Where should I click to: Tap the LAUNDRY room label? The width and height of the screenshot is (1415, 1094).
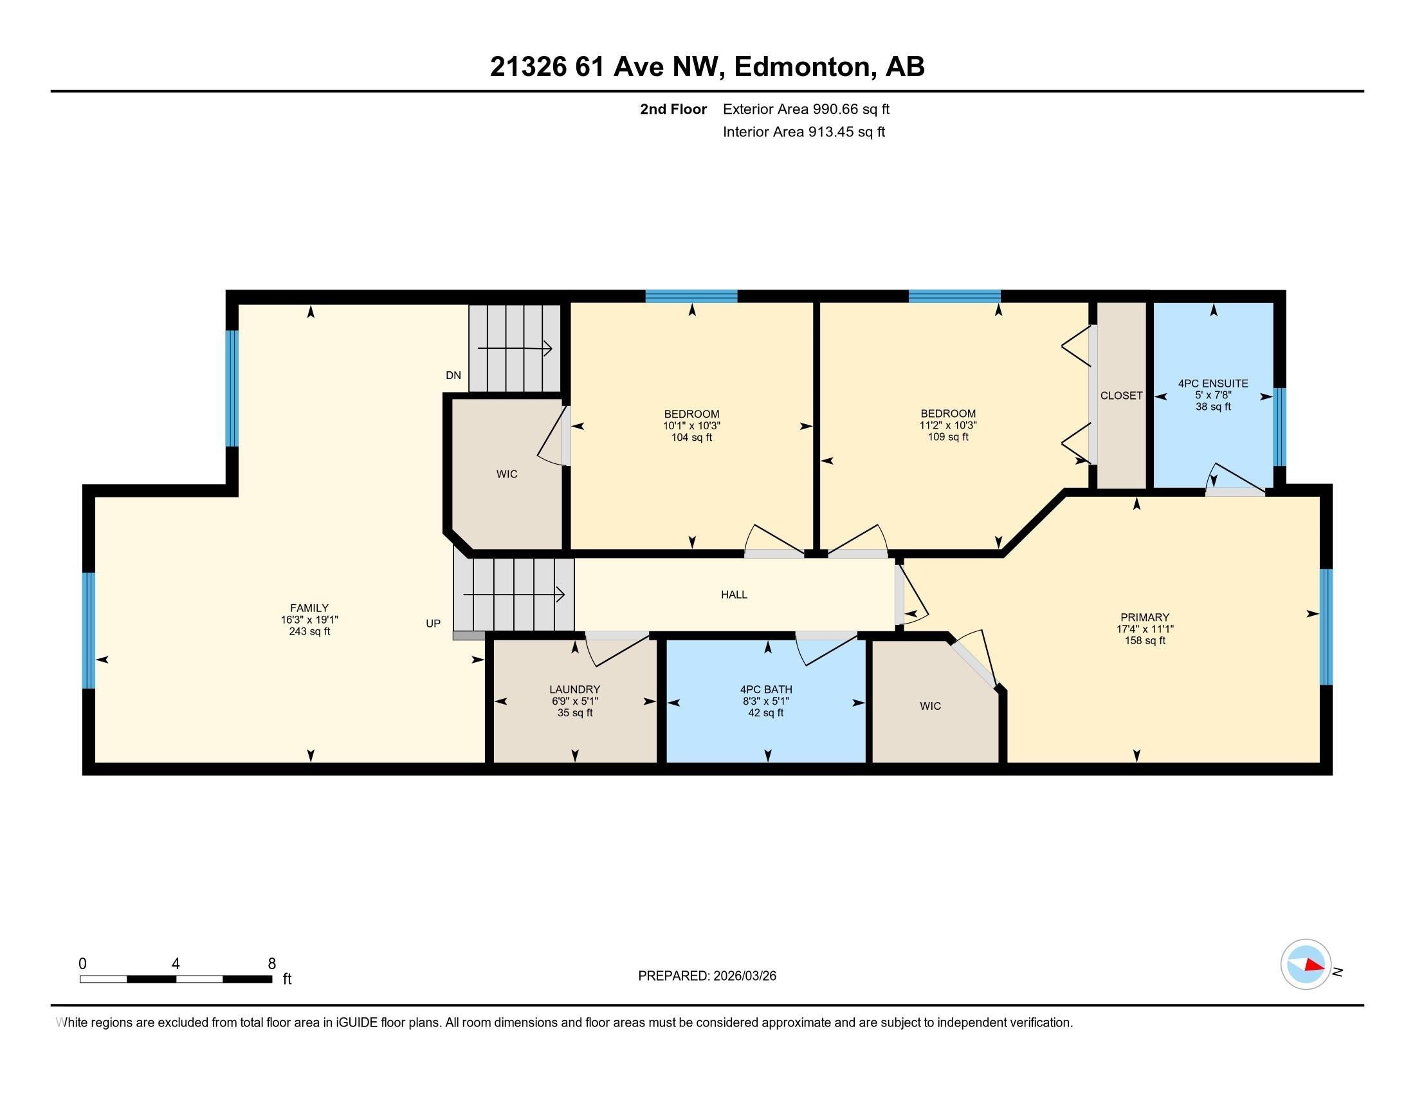point(574,690)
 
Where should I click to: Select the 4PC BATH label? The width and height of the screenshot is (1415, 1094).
point(766,690)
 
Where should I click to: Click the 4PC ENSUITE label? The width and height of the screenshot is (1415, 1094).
point(1213,383)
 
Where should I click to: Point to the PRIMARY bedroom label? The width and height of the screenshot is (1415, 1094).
point(1145,617)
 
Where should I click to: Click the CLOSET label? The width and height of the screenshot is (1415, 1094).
point(1121,395)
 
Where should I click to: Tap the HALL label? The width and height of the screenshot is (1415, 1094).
point(734,595)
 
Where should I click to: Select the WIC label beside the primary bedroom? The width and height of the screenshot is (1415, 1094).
point(930,706)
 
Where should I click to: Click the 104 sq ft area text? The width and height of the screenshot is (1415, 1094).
point(691,438)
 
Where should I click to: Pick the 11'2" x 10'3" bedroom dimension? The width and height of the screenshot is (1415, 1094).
point(948,425)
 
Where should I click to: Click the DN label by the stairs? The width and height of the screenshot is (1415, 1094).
point(453,375)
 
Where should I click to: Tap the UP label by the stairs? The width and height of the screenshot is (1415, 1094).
point(433,624)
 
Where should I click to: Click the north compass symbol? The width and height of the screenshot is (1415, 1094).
point(1306,965)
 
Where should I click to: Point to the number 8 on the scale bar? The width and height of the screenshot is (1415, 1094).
point(271,963)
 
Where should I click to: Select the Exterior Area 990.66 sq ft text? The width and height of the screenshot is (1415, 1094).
point(806,109)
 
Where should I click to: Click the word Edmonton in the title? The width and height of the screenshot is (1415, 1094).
point(801,66)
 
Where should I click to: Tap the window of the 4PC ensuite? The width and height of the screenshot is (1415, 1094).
point(1279,427)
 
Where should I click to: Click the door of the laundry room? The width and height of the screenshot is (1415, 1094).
point(617,649)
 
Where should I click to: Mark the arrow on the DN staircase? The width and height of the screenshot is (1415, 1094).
point(515,349)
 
